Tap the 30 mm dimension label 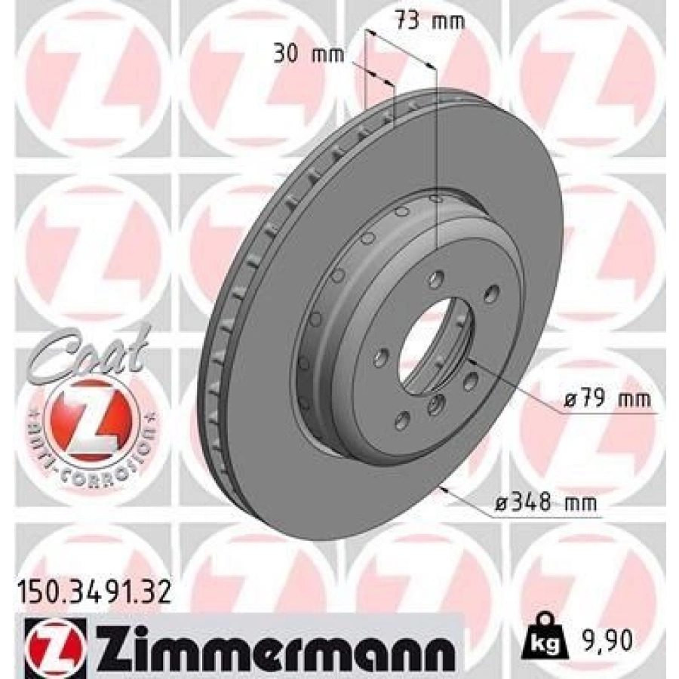pos(309,54)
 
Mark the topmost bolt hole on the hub pos(435,281)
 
